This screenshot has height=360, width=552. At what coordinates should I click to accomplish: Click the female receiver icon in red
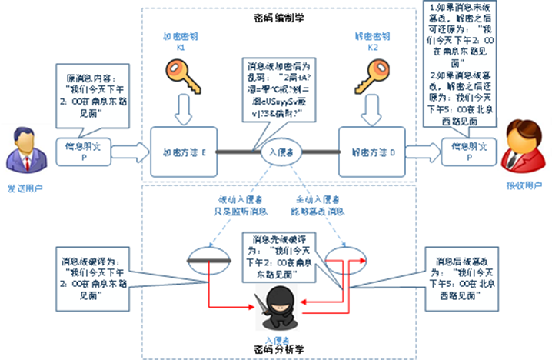(523, 148)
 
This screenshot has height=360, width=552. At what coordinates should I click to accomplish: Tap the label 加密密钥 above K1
(182, 37)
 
